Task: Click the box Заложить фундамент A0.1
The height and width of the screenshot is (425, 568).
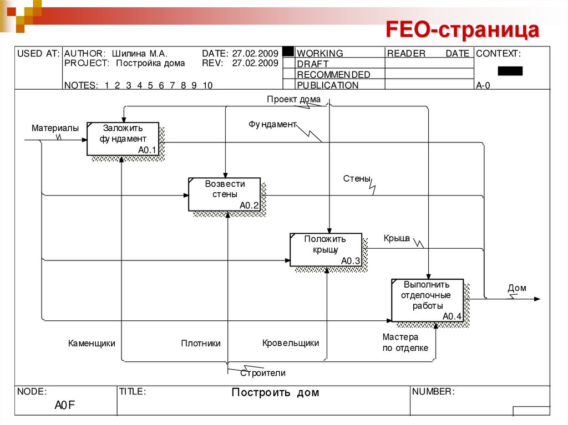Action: click(123, 139)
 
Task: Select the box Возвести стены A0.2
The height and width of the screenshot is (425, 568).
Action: click(224, 194)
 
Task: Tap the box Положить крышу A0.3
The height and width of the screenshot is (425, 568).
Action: click(326, 249)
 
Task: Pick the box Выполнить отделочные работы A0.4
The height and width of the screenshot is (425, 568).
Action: click(427, 300)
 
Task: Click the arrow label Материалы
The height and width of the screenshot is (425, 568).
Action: click(55, 128)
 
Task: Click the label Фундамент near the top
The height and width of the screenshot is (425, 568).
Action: click(272, 124)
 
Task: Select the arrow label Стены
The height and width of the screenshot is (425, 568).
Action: click(356, 178)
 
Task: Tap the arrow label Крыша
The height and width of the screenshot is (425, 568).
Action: click(396, 238)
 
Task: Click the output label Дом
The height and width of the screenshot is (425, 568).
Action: click(516, 288)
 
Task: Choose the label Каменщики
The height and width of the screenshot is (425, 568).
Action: click(92, 343)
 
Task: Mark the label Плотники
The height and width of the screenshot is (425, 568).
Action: click(200, 343)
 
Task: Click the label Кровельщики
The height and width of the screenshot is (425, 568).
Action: click(291, 342)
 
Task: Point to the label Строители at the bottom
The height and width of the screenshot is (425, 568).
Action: click(263, 373)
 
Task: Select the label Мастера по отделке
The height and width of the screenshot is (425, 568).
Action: click(405, 342)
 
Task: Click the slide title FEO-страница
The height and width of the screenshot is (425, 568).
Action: click(463, 29)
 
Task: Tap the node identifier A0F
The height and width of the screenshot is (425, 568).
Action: click(64, 406)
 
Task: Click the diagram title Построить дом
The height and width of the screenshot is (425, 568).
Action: click(275, 392)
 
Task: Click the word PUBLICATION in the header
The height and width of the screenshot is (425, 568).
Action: click(327, 85)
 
